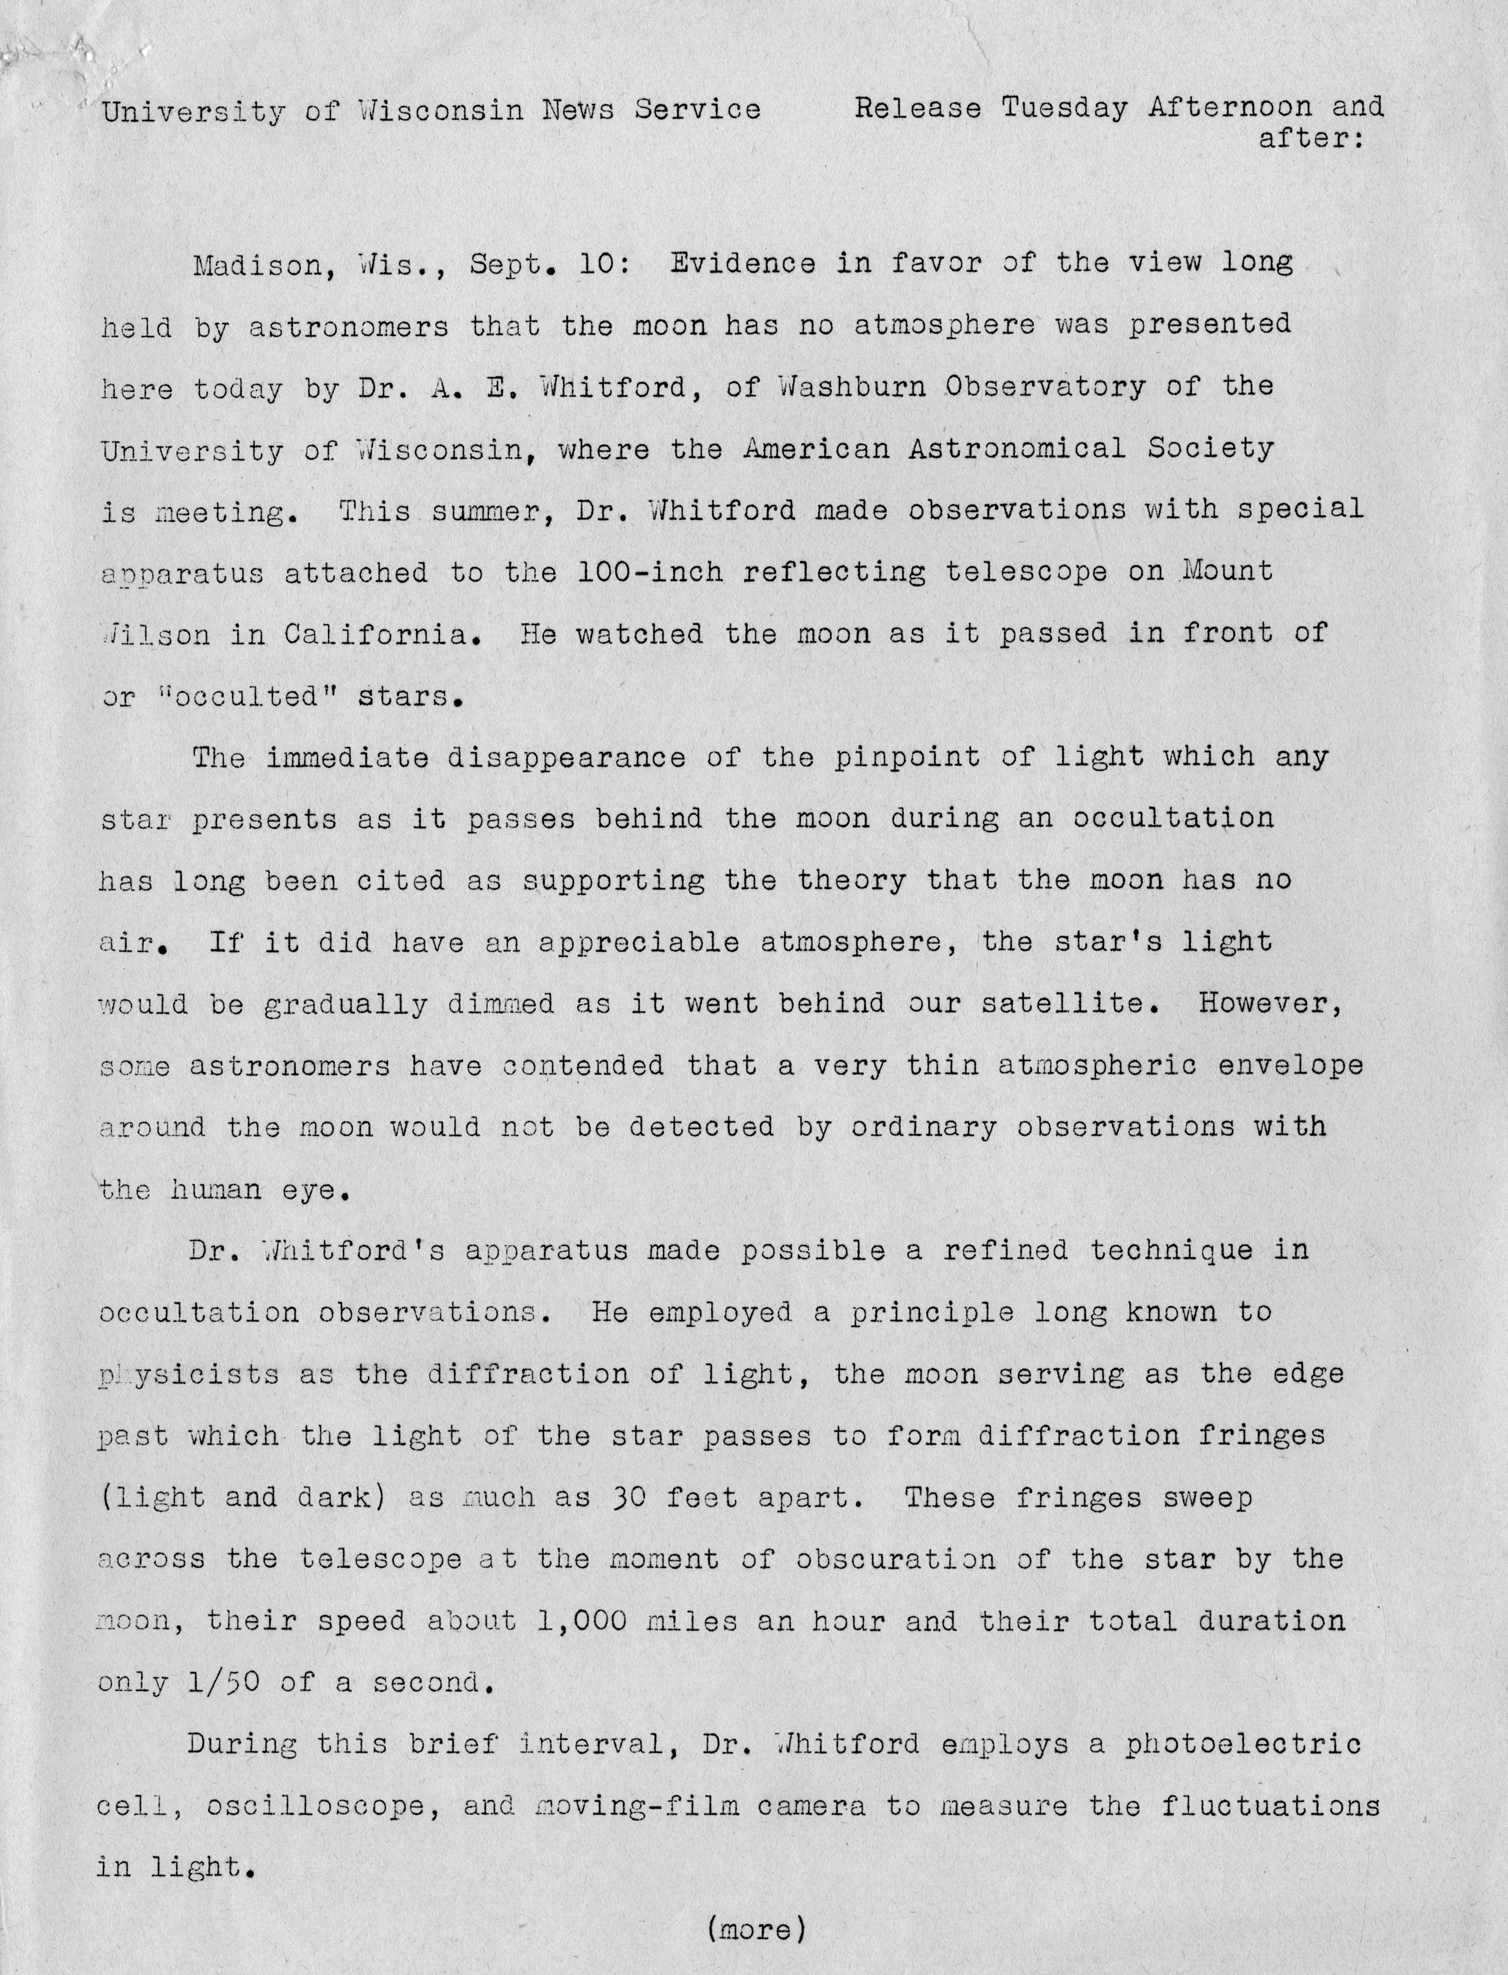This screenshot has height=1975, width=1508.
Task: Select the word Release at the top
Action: (918, 108)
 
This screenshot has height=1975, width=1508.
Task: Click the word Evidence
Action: (743, 264)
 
